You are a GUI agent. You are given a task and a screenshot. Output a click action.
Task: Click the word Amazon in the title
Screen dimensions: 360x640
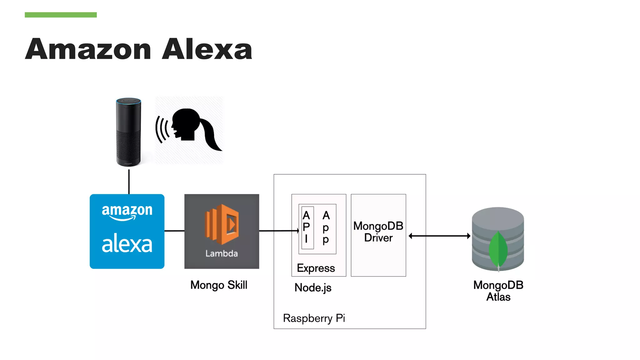click(x=88, y=49)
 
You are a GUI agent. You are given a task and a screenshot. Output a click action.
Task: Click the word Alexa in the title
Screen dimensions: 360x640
click(x=207, y=49)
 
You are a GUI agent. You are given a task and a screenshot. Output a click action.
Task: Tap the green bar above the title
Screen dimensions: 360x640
click(x=61, y=15)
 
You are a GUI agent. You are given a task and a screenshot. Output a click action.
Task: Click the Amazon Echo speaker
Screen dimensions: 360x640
click(x=128, y=132)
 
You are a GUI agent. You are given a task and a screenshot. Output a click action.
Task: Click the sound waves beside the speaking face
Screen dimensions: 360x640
click(x=162, y=129)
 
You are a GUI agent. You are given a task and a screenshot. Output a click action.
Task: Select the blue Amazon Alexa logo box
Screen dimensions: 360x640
click(x=127, y=231)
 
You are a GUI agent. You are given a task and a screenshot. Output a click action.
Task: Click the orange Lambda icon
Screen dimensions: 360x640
click(x=222, y=224)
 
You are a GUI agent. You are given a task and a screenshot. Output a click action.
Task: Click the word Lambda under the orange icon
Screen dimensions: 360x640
click(x=222, y=253)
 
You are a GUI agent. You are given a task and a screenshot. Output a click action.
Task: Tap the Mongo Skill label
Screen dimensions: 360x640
click(x=219, y=285)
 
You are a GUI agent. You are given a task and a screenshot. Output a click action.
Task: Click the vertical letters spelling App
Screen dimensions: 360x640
click(x=326, y=227)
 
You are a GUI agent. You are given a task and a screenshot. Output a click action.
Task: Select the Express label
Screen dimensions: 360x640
click(x=316, y=268)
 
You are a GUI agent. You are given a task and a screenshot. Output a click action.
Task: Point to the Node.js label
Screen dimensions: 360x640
click(x=313, y=288)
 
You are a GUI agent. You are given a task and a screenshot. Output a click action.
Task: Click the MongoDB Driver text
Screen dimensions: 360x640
click(x=378, y=232)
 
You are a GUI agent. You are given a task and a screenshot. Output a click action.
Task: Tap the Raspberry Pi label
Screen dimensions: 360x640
click(x=314, y=318)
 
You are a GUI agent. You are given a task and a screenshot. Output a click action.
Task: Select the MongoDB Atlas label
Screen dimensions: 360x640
click(x=498, y=291)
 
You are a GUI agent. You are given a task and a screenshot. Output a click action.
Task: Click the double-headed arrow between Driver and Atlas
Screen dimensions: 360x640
click(x=439, y=236)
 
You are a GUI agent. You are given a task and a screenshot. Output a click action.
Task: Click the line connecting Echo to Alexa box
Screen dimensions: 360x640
click(x=129, y=181)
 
